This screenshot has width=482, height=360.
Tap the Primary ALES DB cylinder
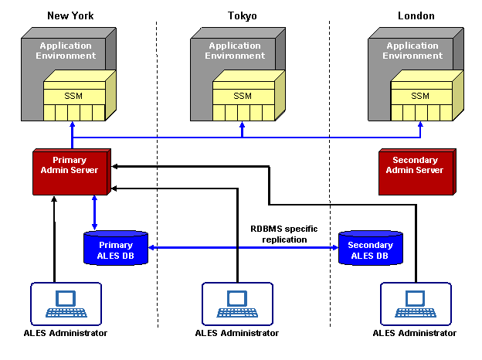click(115, 249)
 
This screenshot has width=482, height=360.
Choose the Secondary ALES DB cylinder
click(371, 249)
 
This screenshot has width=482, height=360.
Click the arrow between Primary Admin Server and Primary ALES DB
click(94, 212)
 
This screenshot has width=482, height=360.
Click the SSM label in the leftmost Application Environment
click(73, 96)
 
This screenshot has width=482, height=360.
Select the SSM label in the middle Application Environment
click(243, 96)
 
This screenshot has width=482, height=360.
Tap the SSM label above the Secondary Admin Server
click(420, 96)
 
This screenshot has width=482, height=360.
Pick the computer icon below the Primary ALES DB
click(66, 303)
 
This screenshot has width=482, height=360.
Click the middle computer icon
click(237, 303)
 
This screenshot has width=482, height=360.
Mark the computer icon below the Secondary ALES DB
click(416, 303)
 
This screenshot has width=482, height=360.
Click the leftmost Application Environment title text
click(66, 51)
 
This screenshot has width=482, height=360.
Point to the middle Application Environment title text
click(235, 51)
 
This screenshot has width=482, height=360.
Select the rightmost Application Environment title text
click(412, 51)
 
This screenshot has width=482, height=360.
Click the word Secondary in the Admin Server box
click(415, 161)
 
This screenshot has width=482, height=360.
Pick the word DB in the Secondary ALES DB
click(383, 256)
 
